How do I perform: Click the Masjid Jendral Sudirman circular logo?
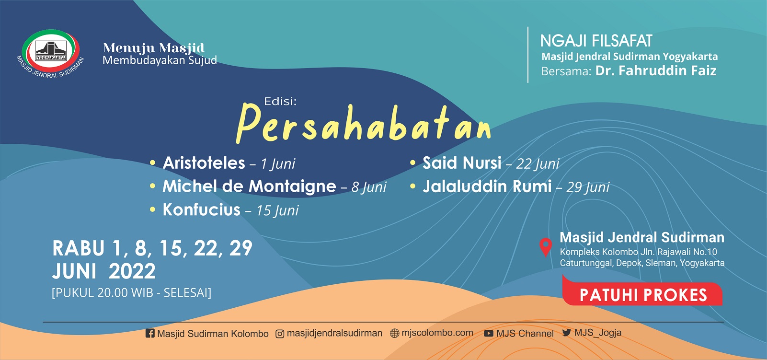point(51,52)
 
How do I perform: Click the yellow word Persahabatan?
point(364,124)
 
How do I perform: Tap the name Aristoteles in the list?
point(204,163)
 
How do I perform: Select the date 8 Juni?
point(369,187)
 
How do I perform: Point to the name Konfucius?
point(202,210)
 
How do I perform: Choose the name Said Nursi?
point(462,163)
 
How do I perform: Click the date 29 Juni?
point(588,187)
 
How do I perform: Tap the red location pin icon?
point(545,247)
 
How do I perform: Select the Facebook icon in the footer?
point(150,333)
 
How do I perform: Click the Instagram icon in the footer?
point(280,334)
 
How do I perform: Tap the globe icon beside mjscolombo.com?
point(394,333)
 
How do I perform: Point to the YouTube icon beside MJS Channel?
point(489,333)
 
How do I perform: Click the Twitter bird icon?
point(567,333)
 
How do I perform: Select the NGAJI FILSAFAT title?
point(596,41)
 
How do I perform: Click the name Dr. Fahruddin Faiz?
point(656,71)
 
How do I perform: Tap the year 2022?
point(132,272)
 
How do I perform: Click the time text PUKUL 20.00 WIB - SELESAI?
point(131,293)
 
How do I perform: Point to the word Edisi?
point(280,101)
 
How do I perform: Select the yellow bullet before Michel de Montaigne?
point(152,186)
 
